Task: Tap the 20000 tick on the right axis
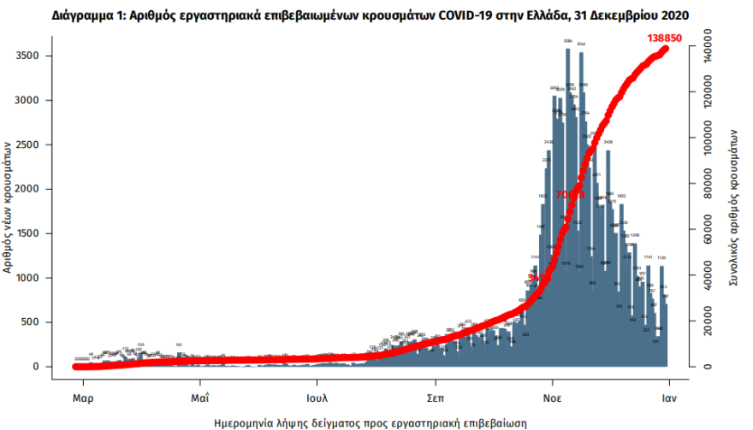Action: coord(705,322)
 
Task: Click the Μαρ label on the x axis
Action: coord(82,397)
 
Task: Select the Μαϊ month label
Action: coord(200,397)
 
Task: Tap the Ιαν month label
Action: coord(668,397)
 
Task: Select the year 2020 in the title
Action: coord(673,15)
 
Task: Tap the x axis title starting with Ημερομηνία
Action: coord(370,422)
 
